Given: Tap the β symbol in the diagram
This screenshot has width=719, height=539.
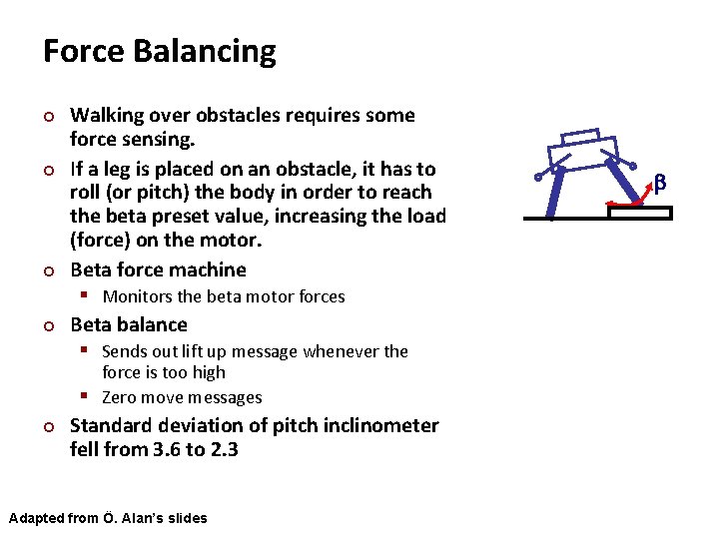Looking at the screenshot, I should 659,182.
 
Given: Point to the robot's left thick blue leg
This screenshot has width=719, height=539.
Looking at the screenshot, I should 554,191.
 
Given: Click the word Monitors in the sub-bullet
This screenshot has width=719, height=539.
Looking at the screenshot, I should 136,296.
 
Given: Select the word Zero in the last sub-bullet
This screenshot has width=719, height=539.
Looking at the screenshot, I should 120,397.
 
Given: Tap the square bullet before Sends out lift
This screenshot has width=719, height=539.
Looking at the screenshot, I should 87,351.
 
